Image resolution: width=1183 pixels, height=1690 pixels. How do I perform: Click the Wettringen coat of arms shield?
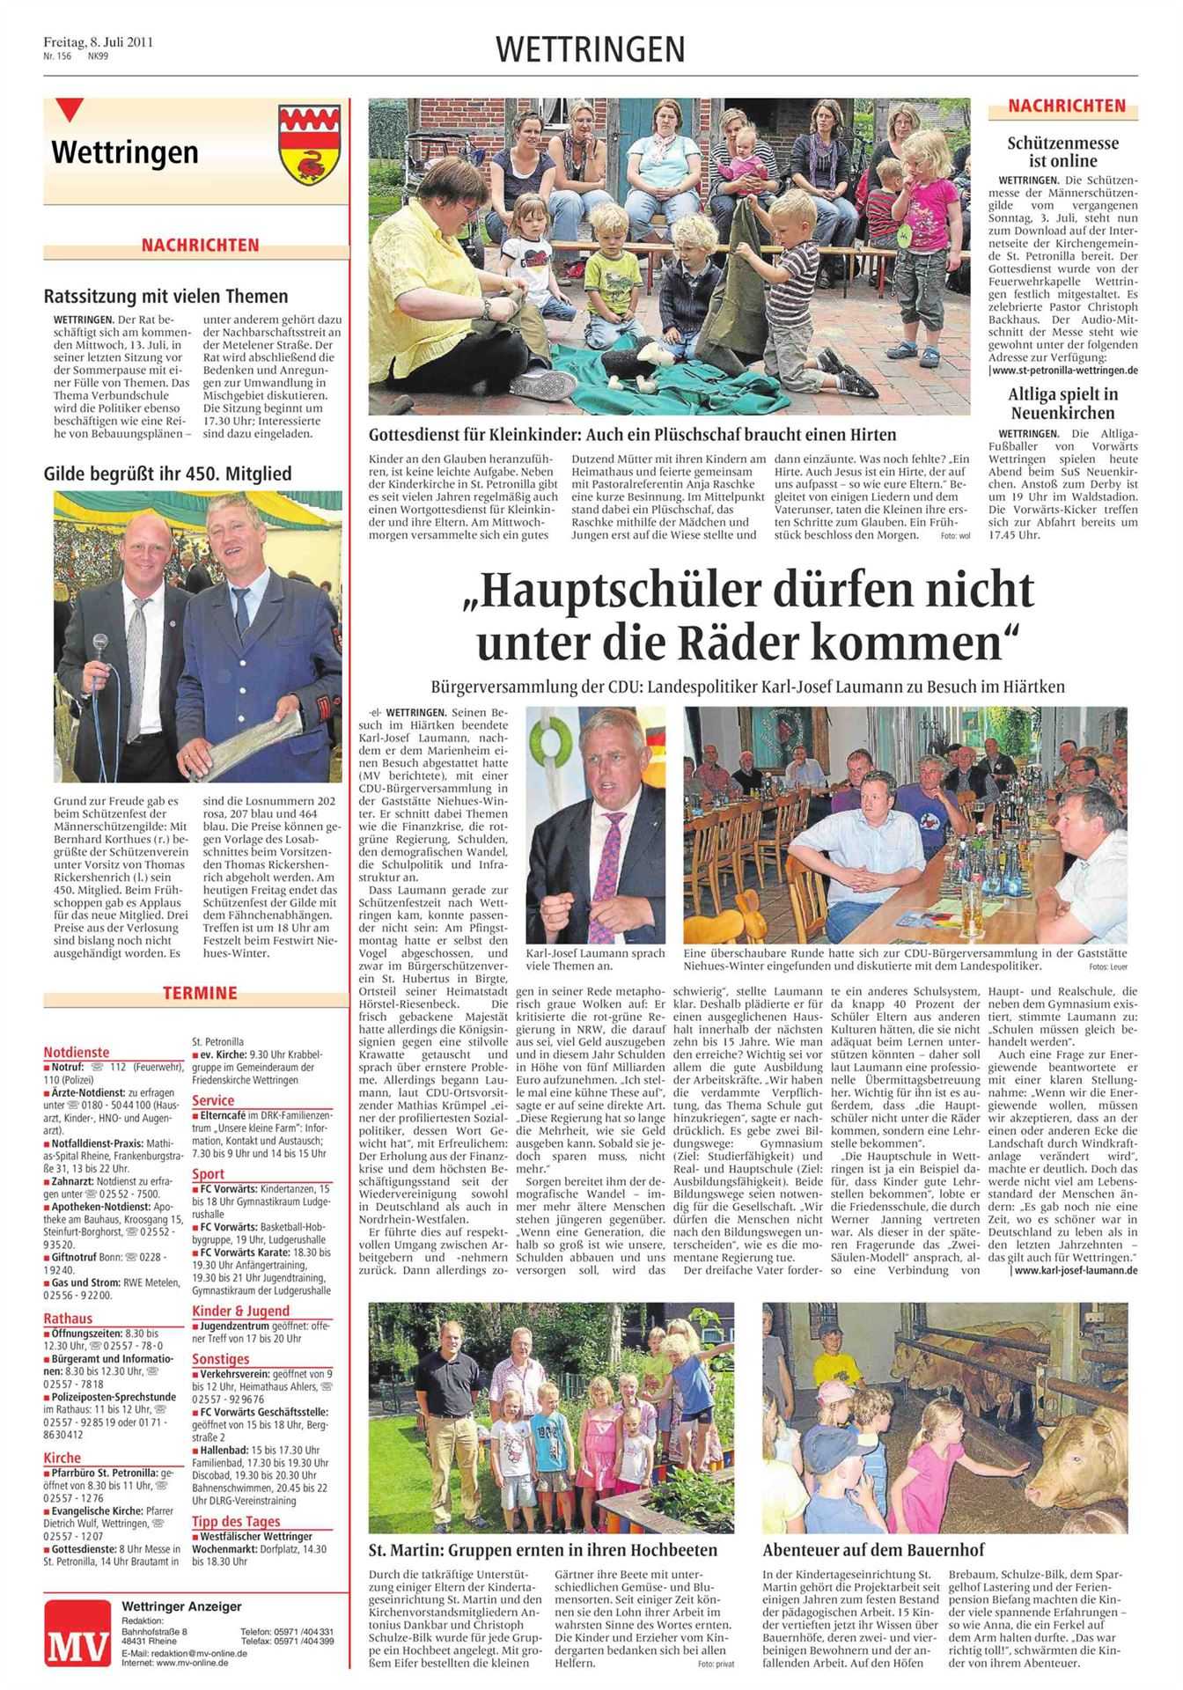pos(309,143)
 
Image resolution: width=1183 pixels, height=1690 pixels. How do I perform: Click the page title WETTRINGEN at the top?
pos(590,50)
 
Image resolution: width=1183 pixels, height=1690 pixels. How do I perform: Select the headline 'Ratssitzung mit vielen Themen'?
pos(166,296)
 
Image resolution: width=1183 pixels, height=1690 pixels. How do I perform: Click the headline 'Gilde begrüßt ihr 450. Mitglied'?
pos(167,474)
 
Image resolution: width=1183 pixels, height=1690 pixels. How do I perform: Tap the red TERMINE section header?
pos(199,993)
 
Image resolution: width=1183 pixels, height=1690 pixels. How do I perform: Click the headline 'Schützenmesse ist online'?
pos(1063,151)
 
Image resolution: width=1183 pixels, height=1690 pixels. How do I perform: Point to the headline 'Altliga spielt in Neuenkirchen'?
pos(1063,403)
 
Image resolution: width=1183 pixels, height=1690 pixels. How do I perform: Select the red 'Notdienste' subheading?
pos(77,1052)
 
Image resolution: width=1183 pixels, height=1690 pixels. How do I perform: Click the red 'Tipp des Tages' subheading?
pos(236,1521)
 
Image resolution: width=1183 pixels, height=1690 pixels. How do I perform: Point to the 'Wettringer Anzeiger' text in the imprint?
pos(181,1607)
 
